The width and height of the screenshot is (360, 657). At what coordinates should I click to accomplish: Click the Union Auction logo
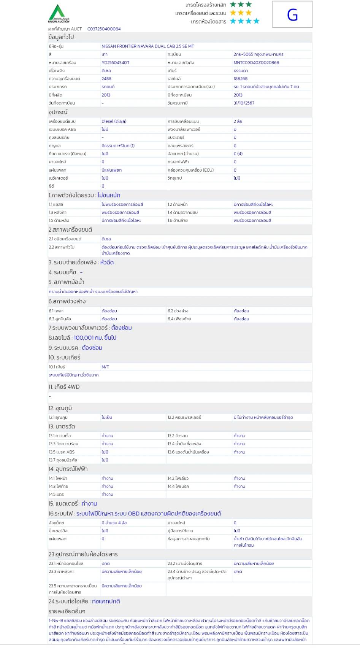point(59,14)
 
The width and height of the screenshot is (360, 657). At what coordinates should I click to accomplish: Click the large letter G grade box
point(292,15)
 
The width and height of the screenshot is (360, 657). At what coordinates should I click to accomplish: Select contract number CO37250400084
point(104,29)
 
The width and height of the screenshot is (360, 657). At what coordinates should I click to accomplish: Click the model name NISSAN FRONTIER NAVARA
point(147,46)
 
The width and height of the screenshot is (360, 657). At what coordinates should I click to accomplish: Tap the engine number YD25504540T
point(115,63)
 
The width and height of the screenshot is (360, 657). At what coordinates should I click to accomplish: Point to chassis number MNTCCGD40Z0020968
point(256,63)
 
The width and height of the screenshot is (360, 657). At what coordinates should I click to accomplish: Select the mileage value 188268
point(240,79)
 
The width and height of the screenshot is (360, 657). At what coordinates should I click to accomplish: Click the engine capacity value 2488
point(106,79)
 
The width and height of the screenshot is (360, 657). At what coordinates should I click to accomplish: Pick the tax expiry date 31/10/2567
point(244,103)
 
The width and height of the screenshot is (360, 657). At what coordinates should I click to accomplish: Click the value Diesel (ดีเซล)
point(114,121)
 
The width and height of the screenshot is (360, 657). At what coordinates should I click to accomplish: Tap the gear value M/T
point(105,367)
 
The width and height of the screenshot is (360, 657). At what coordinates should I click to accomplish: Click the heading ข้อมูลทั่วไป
point(61,37)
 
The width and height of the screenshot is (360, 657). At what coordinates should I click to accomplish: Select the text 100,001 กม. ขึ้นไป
point(95,338)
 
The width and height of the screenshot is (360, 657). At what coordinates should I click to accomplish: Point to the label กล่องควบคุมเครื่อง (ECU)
point(190,170)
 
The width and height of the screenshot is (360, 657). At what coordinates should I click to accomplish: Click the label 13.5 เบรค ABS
point(62,452)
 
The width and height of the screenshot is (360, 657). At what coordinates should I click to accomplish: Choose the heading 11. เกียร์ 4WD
point(64,387)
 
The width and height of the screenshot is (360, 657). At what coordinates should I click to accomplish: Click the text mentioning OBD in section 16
point(149,514)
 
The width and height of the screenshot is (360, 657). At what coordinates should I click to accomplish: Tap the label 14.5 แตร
point(56,495)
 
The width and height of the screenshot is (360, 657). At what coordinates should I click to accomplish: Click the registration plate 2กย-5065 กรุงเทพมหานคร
point(258,54)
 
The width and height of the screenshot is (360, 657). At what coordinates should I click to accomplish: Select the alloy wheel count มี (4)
point(238,154)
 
